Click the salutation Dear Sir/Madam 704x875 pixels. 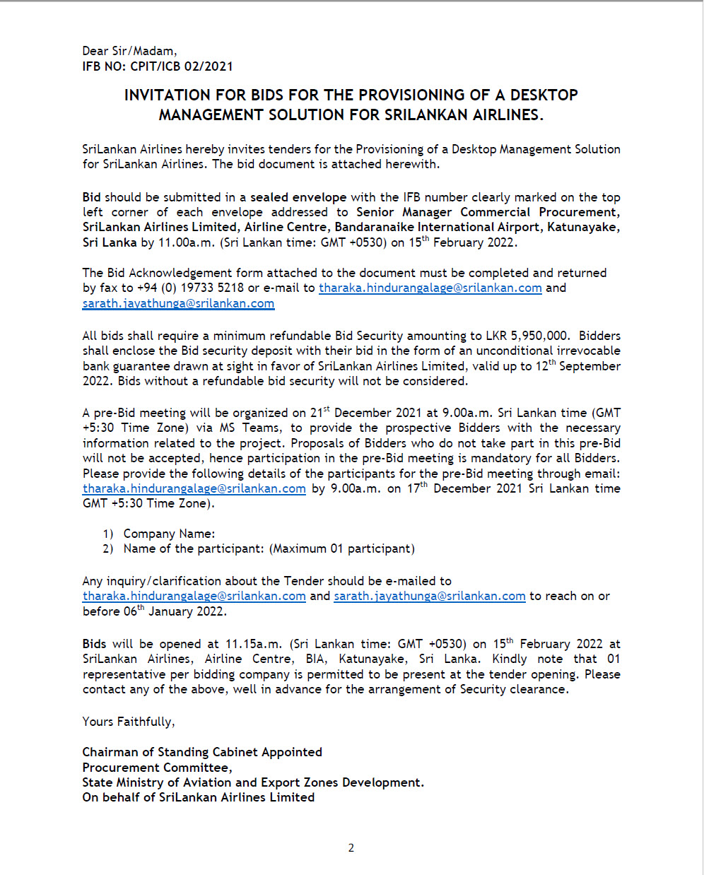tap(129, 51)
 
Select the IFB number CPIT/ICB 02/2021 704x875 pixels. tap(181, 66)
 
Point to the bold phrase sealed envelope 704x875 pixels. tap(298, 197)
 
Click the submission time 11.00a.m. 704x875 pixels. tap(184, 242)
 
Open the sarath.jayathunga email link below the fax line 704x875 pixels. tap(178, 304)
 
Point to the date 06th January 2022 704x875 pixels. tap(175, 611)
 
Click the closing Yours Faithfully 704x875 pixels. tap(129, 722)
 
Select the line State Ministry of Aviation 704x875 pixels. tap(253, 782)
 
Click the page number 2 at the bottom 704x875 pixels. tap(351, 848)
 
